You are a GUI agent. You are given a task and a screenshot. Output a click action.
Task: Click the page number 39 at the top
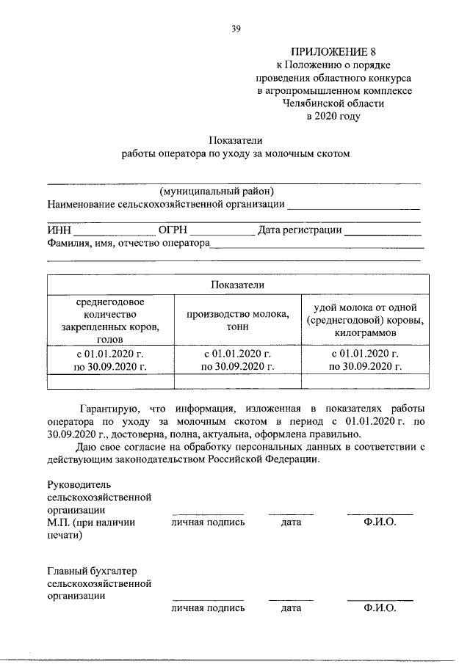[x=235, y=29]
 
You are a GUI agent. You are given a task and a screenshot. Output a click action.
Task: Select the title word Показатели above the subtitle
[x=235, y=139]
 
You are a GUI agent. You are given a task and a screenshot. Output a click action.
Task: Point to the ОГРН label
[x=171, y=230]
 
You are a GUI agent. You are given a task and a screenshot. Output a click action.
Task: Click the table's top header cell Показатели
[x=236, y=285]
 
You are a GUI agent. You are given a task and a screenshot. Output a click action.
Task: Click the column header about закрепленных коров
[x=111, y=321]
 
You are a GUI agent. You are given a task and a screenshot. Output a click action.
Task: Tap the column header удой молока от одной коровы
[x=365, y=321]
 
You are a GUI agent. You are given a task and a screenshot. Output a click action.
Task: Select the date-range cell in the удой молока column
[x=365, y=360]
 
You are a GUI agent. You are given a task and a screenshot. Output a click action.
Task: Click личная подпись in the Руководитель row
[x=208, y=522]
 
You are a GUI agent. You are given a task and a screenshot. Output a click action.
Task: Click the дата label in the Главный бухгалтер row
[x=291, y=608]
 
